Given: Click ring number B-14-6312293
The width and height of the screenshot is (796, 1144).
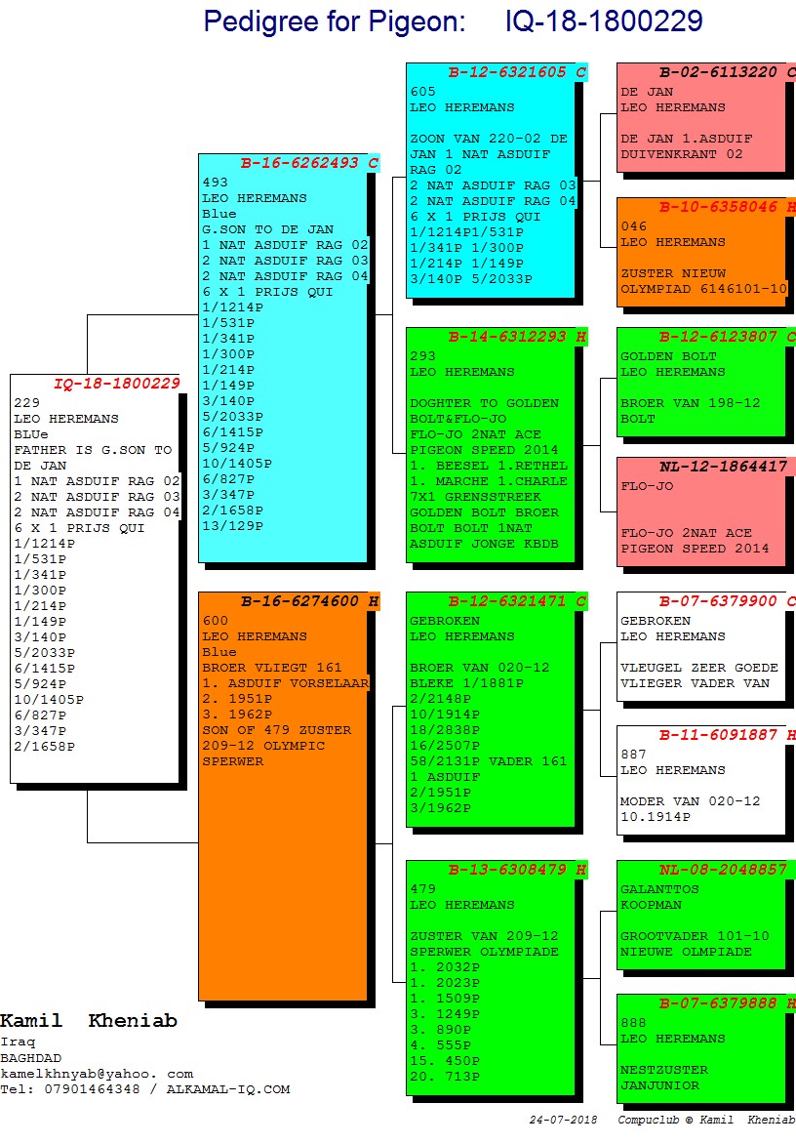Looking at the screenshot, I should [511, 337].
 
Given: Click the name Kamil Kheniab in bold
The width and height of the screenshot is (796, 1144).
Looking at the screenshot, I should [89, 1021].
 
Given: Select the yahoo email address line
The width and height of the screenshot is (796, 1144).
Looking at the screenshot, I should [97, 1073].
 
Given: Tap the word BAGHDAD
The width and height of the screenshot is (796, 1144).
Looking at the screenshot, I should [30, 1057].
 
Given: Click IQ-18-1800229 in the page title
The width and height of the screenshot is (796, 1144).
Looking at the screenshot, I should [604, 21].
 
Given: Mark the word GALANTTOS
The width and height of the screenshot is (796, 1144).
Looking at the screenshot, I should [659, 889].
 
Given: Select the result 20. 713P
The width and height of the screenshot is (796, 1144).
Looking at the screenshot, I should [445, 1077].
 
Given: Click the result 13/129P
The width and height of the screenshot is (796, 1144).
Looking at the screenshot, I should [232, 526].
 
